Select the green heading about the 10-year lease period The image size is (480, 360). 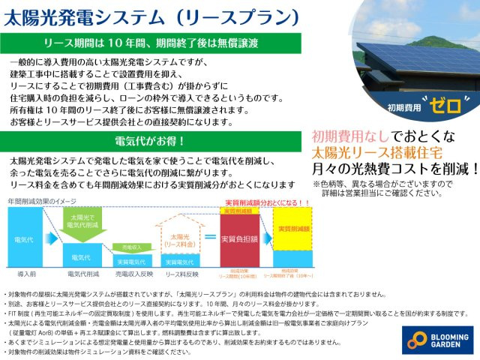click(157, 43)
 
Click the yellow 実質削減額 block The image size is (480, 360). click(292, 229)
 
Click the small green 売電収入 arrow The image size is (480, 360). click(130, 247)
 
